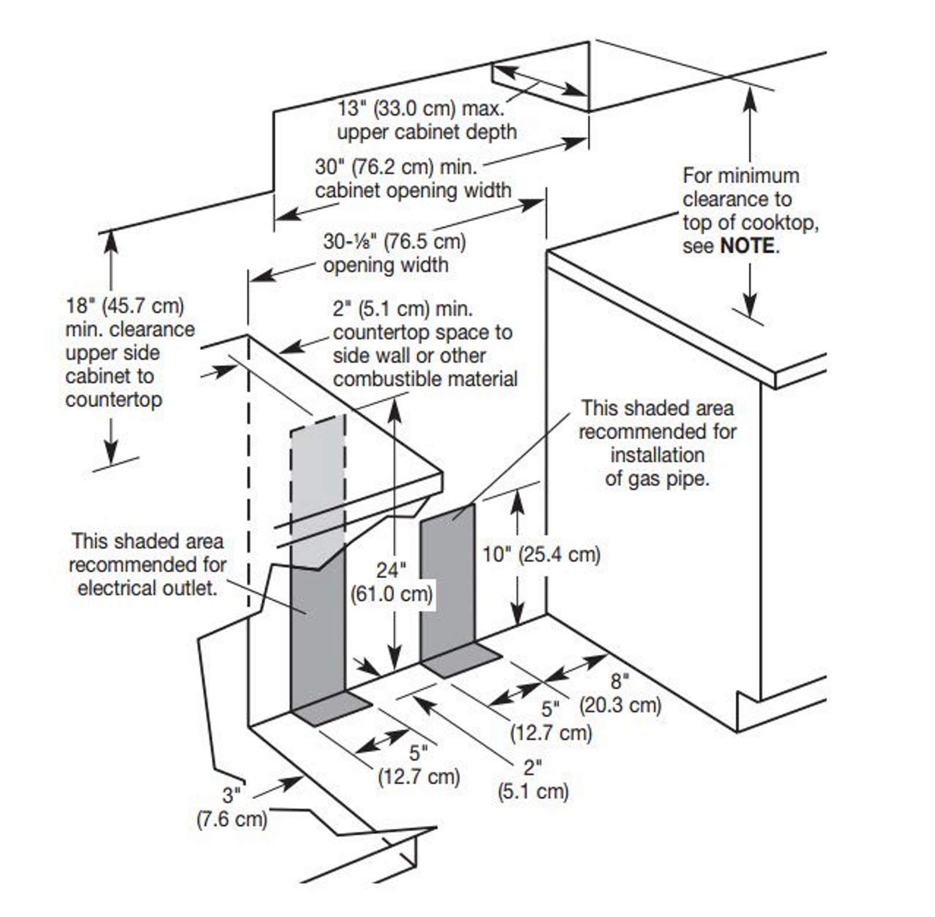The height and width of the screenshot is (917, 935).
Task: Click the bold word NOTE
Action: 747,246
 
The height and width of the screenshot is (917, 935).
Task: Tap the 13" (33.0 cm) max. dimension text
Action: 421,109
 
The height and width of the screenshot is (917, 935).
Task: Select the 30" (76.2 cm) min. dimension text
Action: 396,167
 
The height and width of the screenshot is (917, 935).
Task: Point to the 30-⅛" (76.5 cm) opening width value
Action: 394,241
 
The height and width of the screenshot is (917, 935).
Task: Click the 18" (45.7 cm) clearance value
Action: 124,305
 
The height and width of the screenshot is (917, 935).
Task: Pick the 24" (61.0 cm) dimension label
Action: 392,582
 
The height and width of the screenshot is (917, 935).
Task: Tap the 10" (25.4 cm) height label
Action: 541,554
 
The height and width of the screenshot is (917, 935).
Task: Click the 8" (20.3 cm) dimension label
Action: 620,693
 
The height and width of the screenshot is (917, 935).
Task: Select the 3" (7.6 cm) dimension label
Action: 231,807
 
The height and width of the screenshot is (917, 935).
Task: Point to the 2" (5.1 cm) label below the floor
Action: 533,780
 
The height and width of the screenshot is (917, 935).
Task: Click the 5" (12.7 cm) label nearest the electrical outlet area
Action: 418,765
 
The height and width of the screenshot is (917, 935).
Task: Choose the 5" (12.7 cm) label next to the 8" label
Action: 550,721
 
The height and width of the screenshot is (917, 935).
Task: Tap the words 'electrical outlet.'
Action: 147,588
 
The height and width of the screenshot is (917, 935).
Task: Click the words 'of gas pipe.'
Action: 657,478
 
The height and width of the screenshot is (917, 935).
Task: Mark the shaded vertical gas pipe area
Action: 448,578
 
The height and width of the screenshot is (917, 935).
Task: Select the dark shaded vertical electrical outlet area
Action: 317,631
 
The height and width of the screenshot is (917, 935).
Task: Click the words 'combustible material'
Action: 425,379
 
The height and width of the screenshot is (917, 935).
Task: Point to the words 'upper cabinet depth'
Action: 427,132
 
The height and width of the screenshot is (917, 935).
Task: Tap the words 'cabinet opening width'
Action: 413,190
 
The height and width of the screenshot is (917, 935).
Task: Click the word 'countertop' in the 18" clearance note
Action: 113,400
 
